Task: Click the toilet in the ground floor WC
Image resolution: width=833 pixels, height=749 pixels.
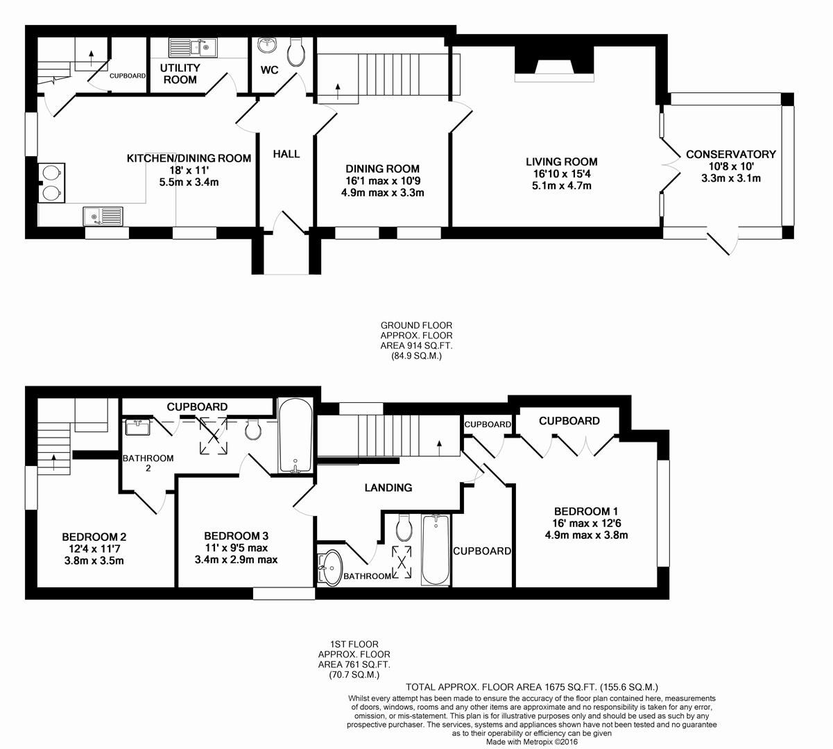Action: coord(296,52)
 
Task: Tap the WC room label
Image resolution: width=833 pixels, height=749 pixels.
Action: coord(270,71)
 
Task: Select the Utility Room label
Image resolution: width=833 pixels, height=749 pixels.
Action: coord(179,74)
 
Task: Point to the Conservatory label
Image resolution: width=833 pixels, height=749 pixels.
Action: coord(730,155)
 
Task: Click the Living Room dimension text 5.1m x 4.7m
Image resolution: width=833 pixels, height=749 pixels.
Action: coord(561,186)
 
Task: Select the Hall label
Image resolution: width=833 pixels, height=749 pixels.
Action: coord(286,154)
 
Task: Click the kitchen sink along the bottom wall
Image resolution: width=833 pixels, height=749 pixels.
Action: coord(103,216)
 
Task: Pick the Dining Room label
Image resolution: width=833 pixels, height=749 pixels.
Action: coord(382,169)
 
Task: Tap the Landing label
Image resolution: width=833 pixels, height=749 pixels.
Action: coord(388,488)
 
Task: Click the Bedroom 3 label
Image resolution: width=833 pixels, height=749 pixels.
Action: coord(236,536)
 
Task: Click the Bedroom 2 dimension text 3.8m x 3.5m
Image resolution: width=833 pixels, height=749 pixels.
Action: coord(94,561)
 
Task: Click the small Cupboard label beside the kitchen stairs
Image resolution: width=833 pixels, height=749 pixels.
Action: coord(128,76)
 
